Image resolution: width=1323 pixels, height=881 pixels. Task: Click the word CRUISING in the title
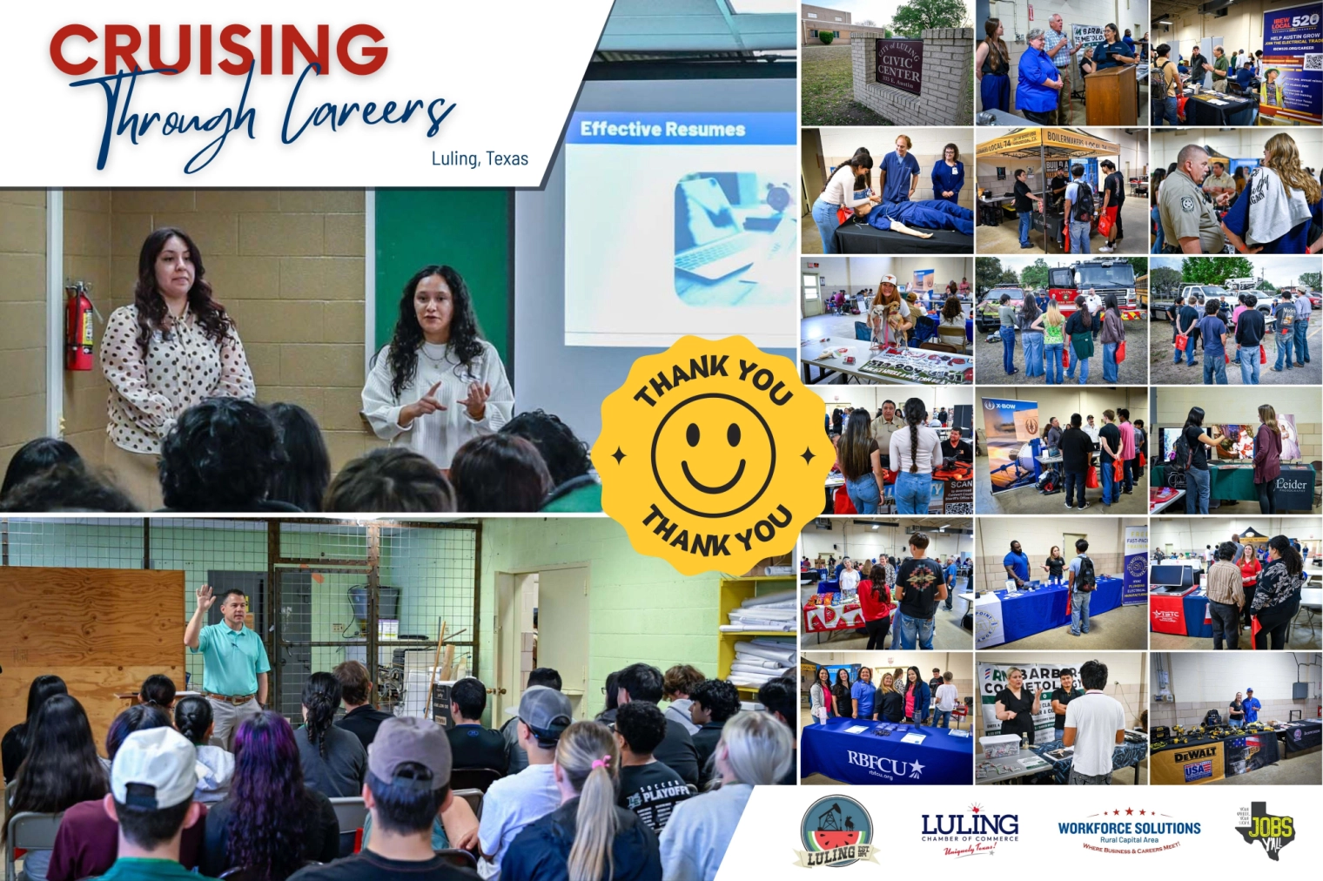[x=218, y=50]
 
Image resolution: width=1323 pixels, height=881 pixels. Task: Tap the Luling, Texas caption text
[x=480, y=158]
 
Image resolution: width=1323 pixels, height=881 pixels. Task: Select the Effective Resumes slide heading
[x=662, y=130]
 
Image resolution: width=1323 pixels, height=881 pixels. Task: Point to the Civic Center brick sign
[x=897, y=64]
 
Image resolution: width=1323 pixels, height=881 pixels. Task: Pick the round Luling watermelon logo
[x=836, y=831]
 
